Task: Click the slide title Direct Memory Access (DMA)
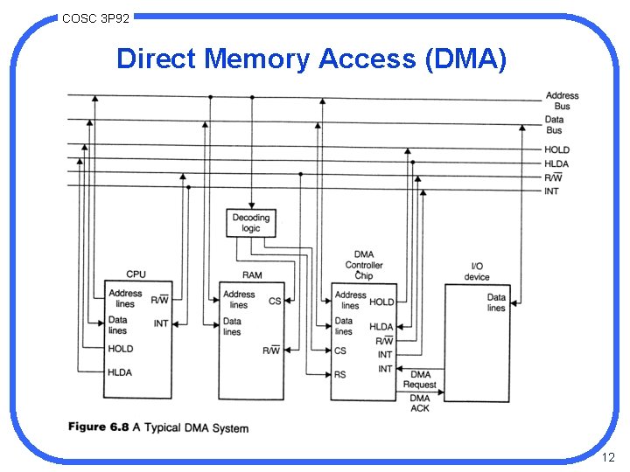[x=311, y=59]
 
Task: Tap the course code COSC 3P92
[x=95, y=17]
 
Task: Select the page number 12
[x=609, y=457]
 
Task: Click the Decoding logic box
[x=251, y=222]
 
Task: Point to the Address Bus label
[x=562, y=101]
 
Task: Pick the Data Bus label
[x=554, y=125]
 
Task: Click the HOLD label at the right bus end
[x=556, y=149]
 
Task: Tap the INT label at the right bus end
[x=551, y=191]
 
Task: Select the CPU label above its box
[x=136, y=274]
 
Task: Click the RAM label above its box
[x=252, y=275]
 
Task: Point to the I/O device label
[x=477, y=272]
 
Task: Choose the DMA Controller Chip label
[x=364, y=265]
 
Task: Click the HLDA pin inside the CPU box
[x=120, y=372]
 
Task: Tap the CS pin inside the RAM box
[x=275, y=302]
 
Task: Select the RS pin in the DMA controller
[x=339, y=374]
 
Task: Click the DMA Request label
[x=419, y=379]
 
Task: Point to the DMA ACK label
[x=420, y=403]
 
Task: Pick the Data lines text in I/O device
[x=496, y=302]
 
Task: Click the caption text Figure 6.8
[x=99, y=427]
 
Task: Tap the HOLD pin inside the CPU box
[x=121, y=349]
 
